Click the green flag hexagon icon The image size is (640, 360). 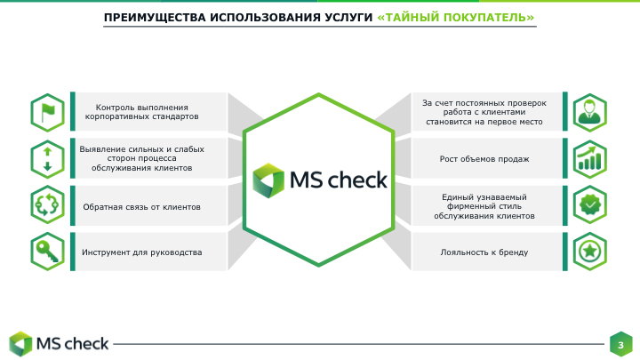47,111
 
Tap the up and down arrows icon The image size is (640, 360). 47,158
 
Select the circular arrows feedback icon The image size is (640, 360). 47,205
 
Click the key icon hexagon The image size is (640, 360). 47,252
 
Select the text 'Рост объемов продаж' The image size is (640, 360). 484,159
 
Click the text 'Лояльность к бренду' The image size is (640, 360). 484,252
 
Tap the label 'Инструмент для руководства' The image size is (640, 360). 141,252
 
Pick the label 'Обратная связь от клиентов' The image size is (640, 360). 141,206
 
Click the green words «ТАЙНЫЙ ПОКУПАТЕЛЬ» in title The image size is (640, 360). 456,17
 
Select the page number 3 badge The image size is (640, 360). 620,343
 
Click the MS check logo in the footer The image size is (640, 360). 59,343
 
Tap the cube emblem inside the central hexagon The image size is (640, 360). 267,180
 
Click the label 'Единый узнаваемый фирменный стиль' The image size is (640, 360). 484,205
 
